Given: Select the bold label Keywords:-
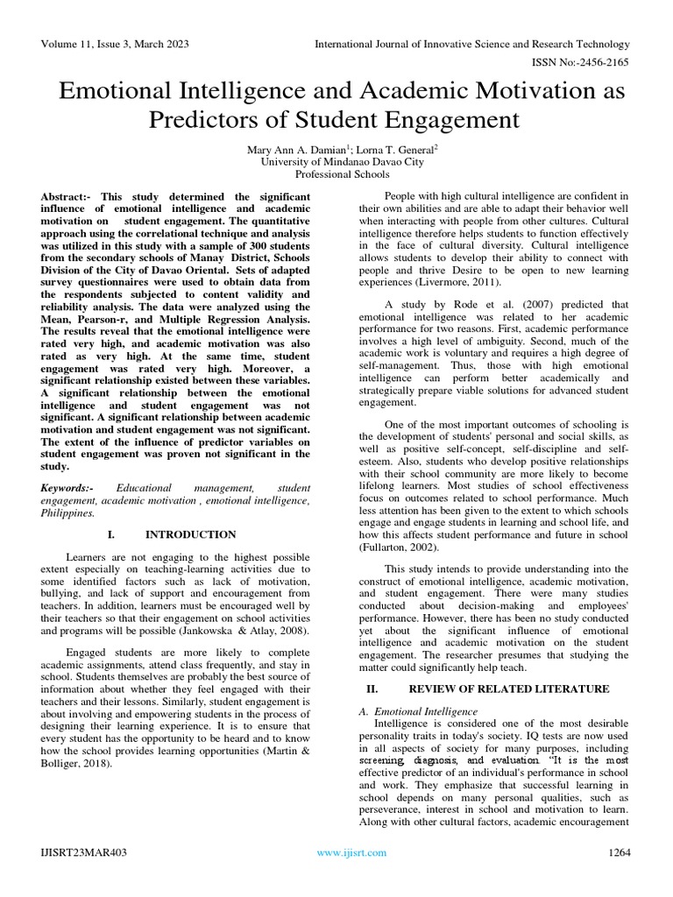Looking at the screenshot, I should point(74,486).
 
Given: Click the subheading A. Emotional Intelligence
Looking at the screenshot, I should point(419,711).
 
